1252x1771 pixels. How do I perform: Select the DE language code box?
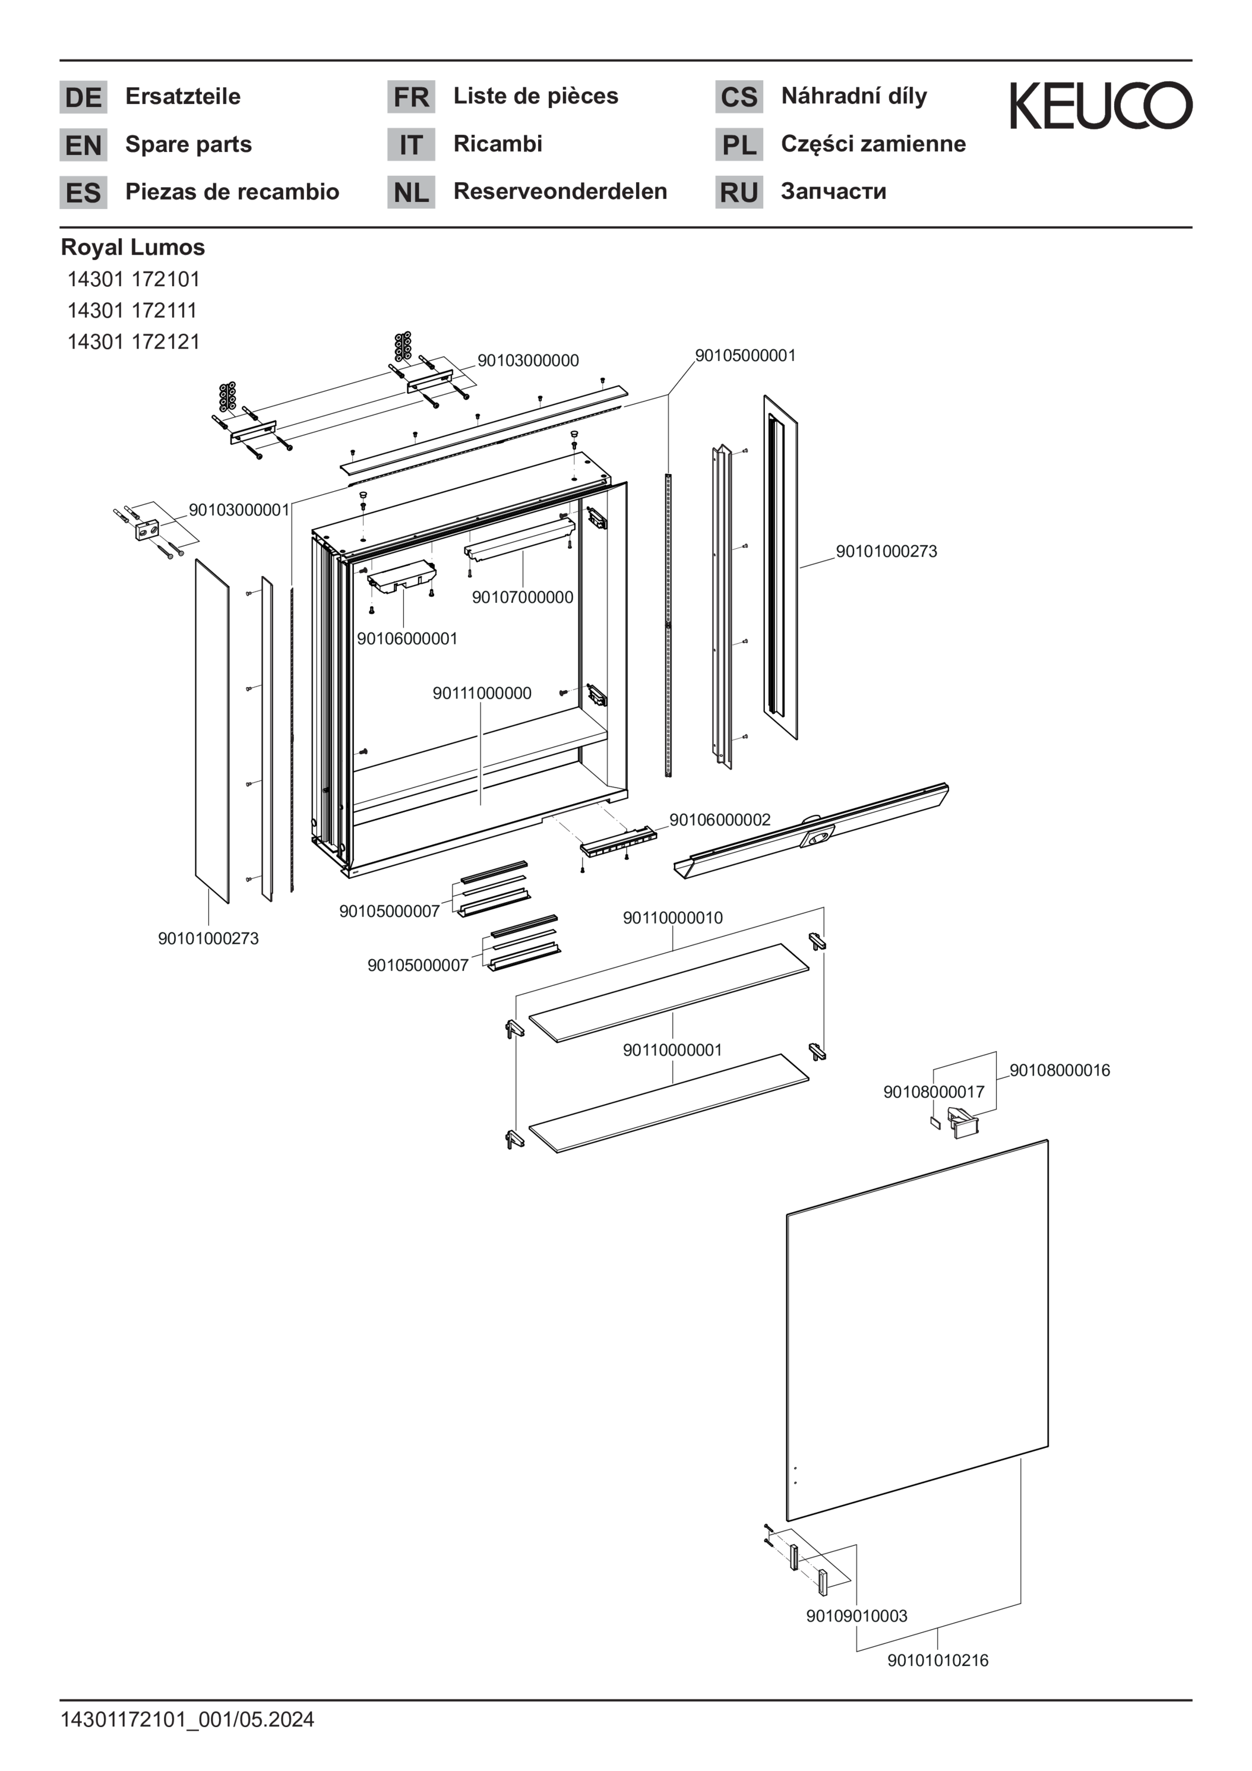[x=83, y=97]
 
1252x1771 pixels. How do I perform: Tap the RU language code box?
[x=738, y=192]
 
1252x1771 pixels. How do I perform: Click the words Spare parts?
[x=188, y=144]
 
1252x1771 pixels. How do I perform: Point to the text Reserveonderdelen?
[x=560, y=191]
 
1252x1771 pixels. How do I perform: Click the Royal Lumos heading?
[x=132, y=247]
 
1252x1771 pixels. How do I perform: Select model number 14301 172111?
[x=132, y=310]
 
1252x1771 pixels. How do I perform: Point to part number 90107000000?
[x=522, y=597]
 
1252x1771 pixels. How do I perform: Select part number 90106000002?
[x=719, y=820]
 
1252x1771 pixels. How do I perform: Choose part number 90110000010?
[x=673, y=918]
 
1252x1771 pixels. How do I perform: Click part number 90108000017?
[x=934, y=1092]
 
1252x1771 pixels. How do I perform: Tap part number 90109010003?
[x=856, y=1616]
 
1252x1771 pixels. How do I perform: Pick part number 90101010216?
[x=937, y=1661]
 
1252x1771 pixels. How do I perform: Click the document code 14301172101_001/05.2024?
[x=188, y=1719]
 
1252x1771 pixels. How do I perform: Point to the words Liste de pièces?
[x=535, y=96]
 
